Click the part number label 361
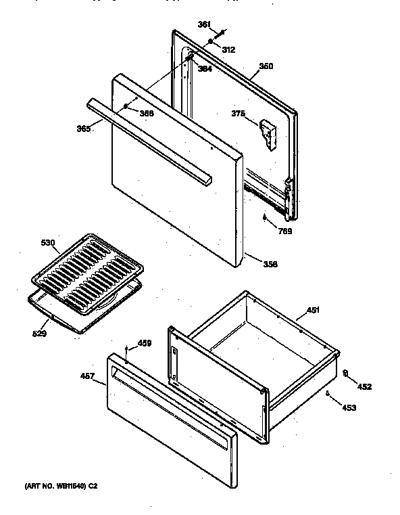pos(203,25)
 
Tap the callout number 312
pos(229,49)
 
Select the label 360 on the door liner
pos(266,66)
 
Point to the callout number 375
pos(237,114)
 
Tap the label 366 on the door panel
pos(146,113)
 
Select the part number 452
pos(364,386)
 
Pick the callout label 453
pos(348,407)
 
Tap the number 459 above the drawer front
pos(144,343)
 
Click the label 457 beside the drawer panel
pos(88,375)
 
